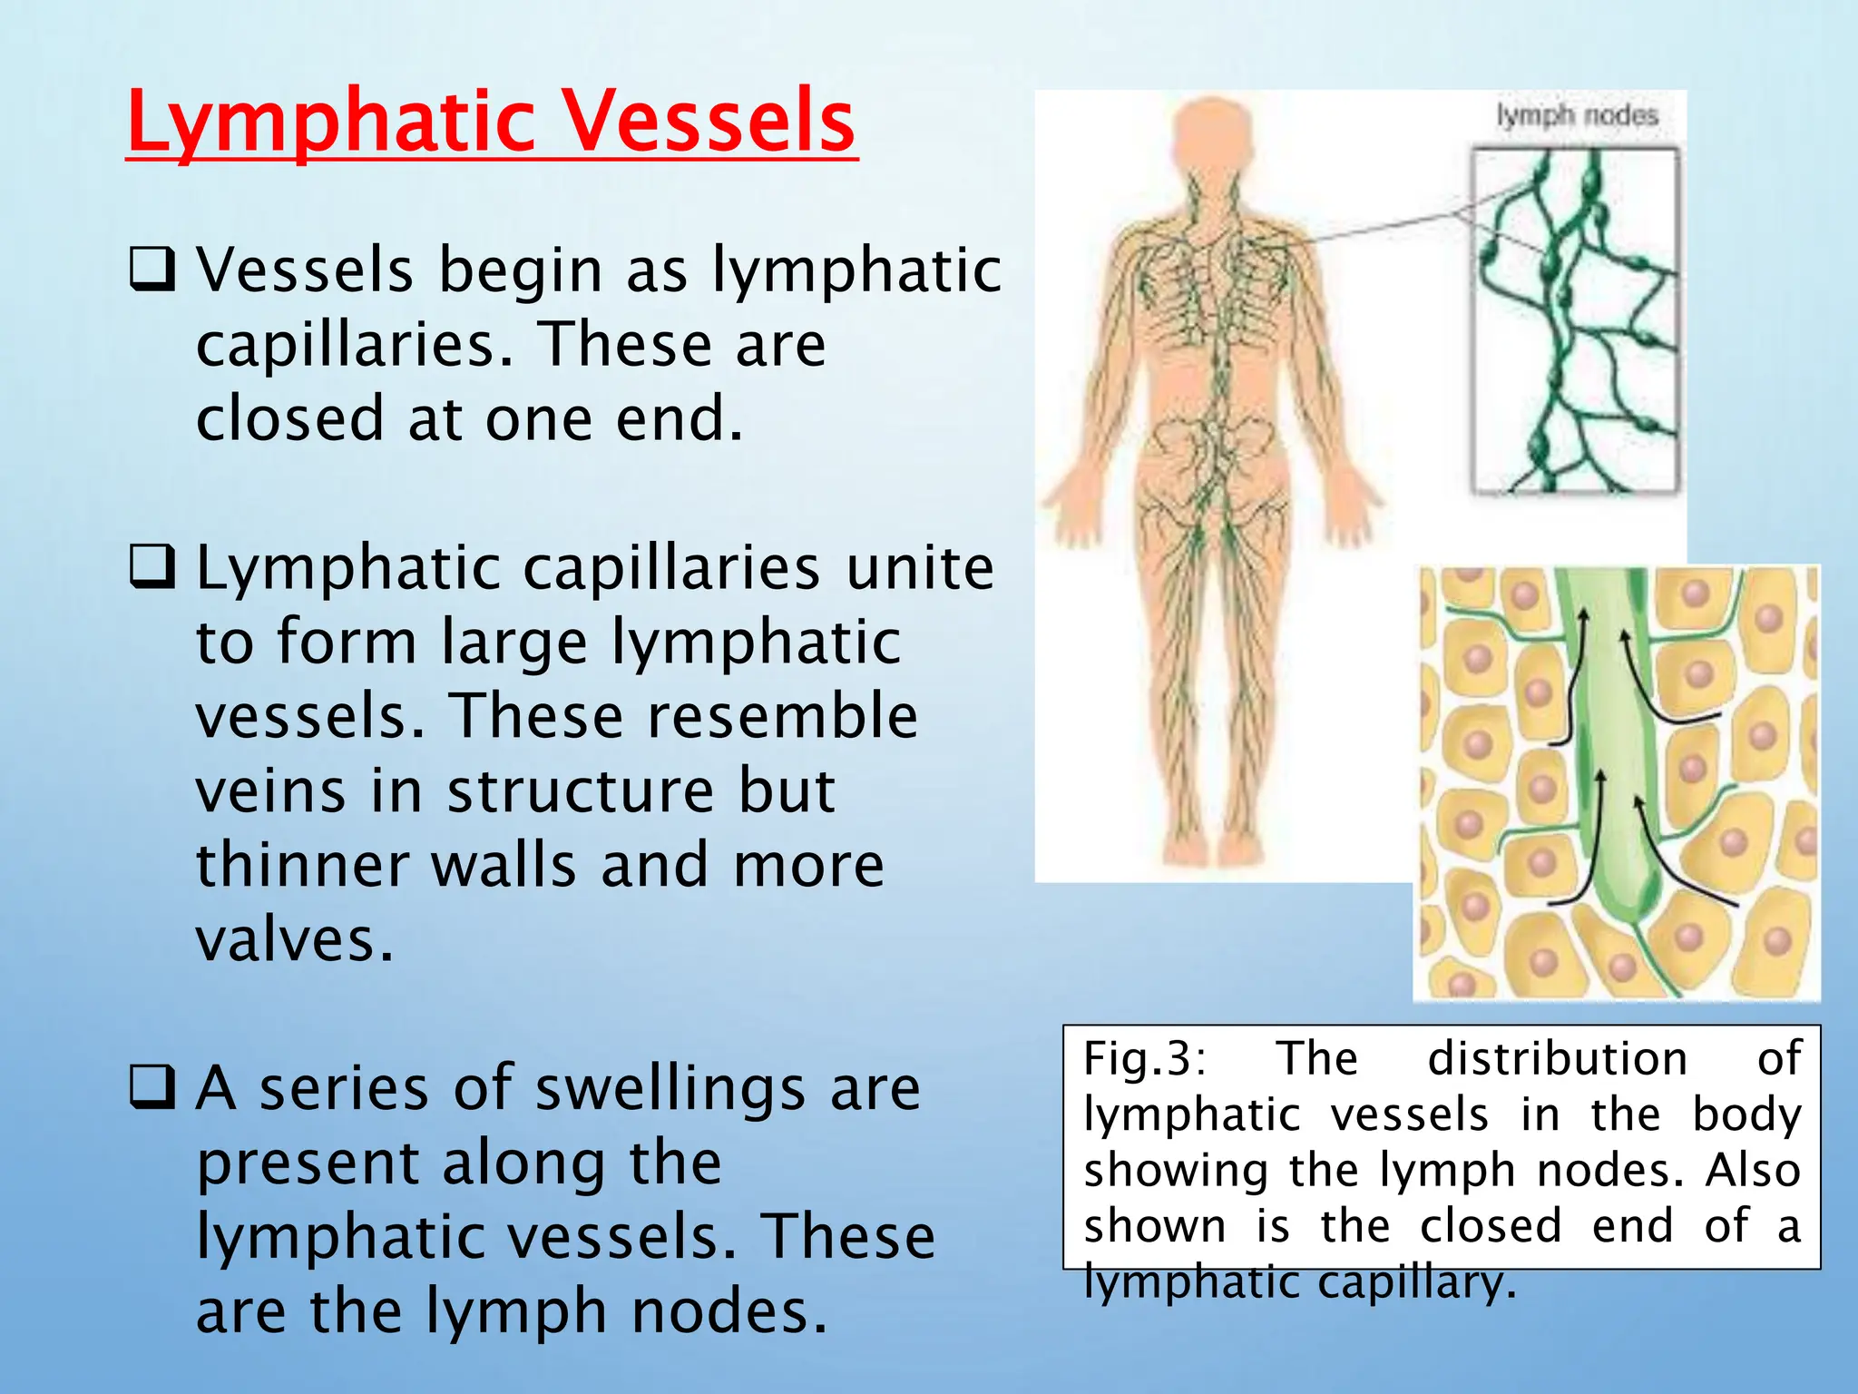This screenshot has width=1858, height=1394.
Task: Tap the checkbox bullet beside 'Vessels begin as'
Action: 152,270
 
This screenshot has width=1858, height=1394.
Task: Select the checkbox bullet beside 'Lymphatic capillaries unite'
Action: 152,566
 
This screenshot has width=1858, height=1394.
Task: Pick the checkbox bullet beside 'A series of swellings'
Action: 152,1087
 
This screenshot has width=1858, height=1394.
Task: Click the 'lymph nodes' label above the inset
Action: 1577,116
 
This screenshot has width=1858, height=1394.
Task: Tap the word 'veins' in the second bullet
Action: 270,790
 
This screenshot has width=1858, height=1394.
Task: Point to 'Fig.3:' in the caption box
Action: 1145,1058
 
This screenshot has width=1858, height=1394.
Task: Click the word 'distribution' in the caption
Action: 1558,1058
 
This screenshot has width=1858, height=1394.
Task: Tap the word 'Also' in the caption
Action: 1753,1170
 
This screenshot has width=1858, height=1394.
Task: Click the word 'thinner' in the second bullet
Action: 301,864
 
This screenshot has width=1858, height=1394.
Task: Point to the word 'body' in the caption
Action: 1746,1114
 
